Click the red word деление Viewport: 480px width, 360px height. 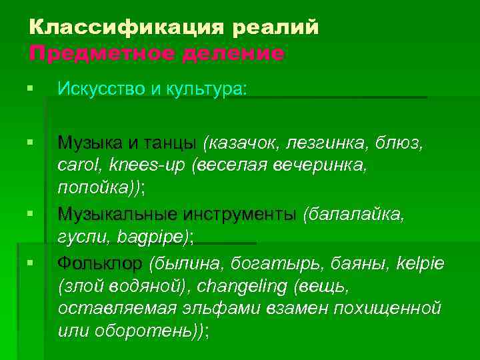(227, 53)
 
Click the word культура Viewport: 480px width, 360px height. (206, 89)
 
